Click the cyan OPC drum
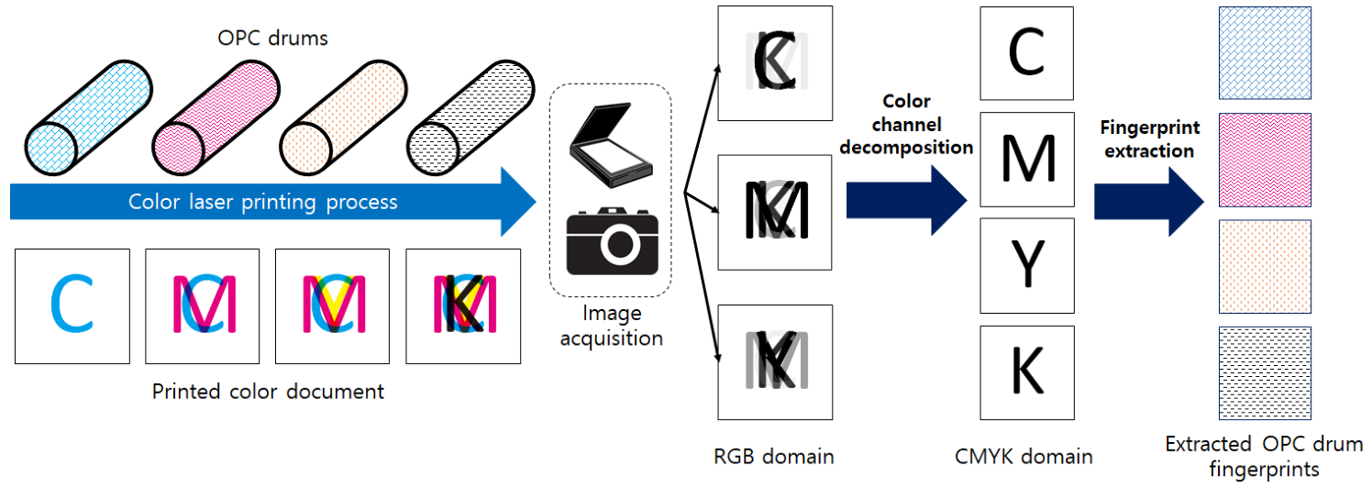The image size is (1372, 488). pos(88,117)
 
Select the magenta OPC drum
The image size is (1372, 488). pos(216,117)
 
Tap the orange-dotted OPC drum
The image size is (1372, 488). pos(343,117)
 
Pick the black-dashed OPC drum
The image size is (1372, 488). pos(470,117)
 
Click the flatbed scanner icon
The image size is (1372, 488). pos(611,145)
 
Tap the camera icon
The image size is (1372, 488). pos(612,241)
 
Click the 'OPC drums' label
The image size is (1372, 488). pos(272,38)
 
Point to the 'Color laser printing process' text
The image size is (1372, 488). pos(263,202)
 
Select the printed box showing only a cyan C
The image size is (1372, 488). pos(72,306)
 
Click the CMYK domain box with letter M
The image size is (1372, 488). pos(1027,160)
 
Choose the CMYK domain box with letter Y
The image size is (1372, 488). pos(1027,266)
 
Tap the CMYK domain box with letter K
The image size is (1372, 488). pos(1027,372)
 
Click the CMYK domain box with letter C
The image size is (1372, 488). pos(1026,53)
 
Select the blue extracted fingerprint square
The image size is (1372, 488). pos(1265,53)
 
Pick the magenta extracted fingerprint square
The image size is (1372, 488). pos(1265,160)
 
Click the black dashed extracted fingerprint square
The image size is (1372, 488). pos(1265,373)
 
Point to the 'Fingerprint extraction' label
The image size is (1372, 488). pos(1150,139)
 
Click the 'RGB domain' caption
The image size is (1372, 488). pos(774,456)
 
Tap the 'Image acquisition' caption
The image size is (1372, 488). pos(612,326)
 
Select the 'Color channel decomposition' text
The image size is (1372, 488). pos(906,125)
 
